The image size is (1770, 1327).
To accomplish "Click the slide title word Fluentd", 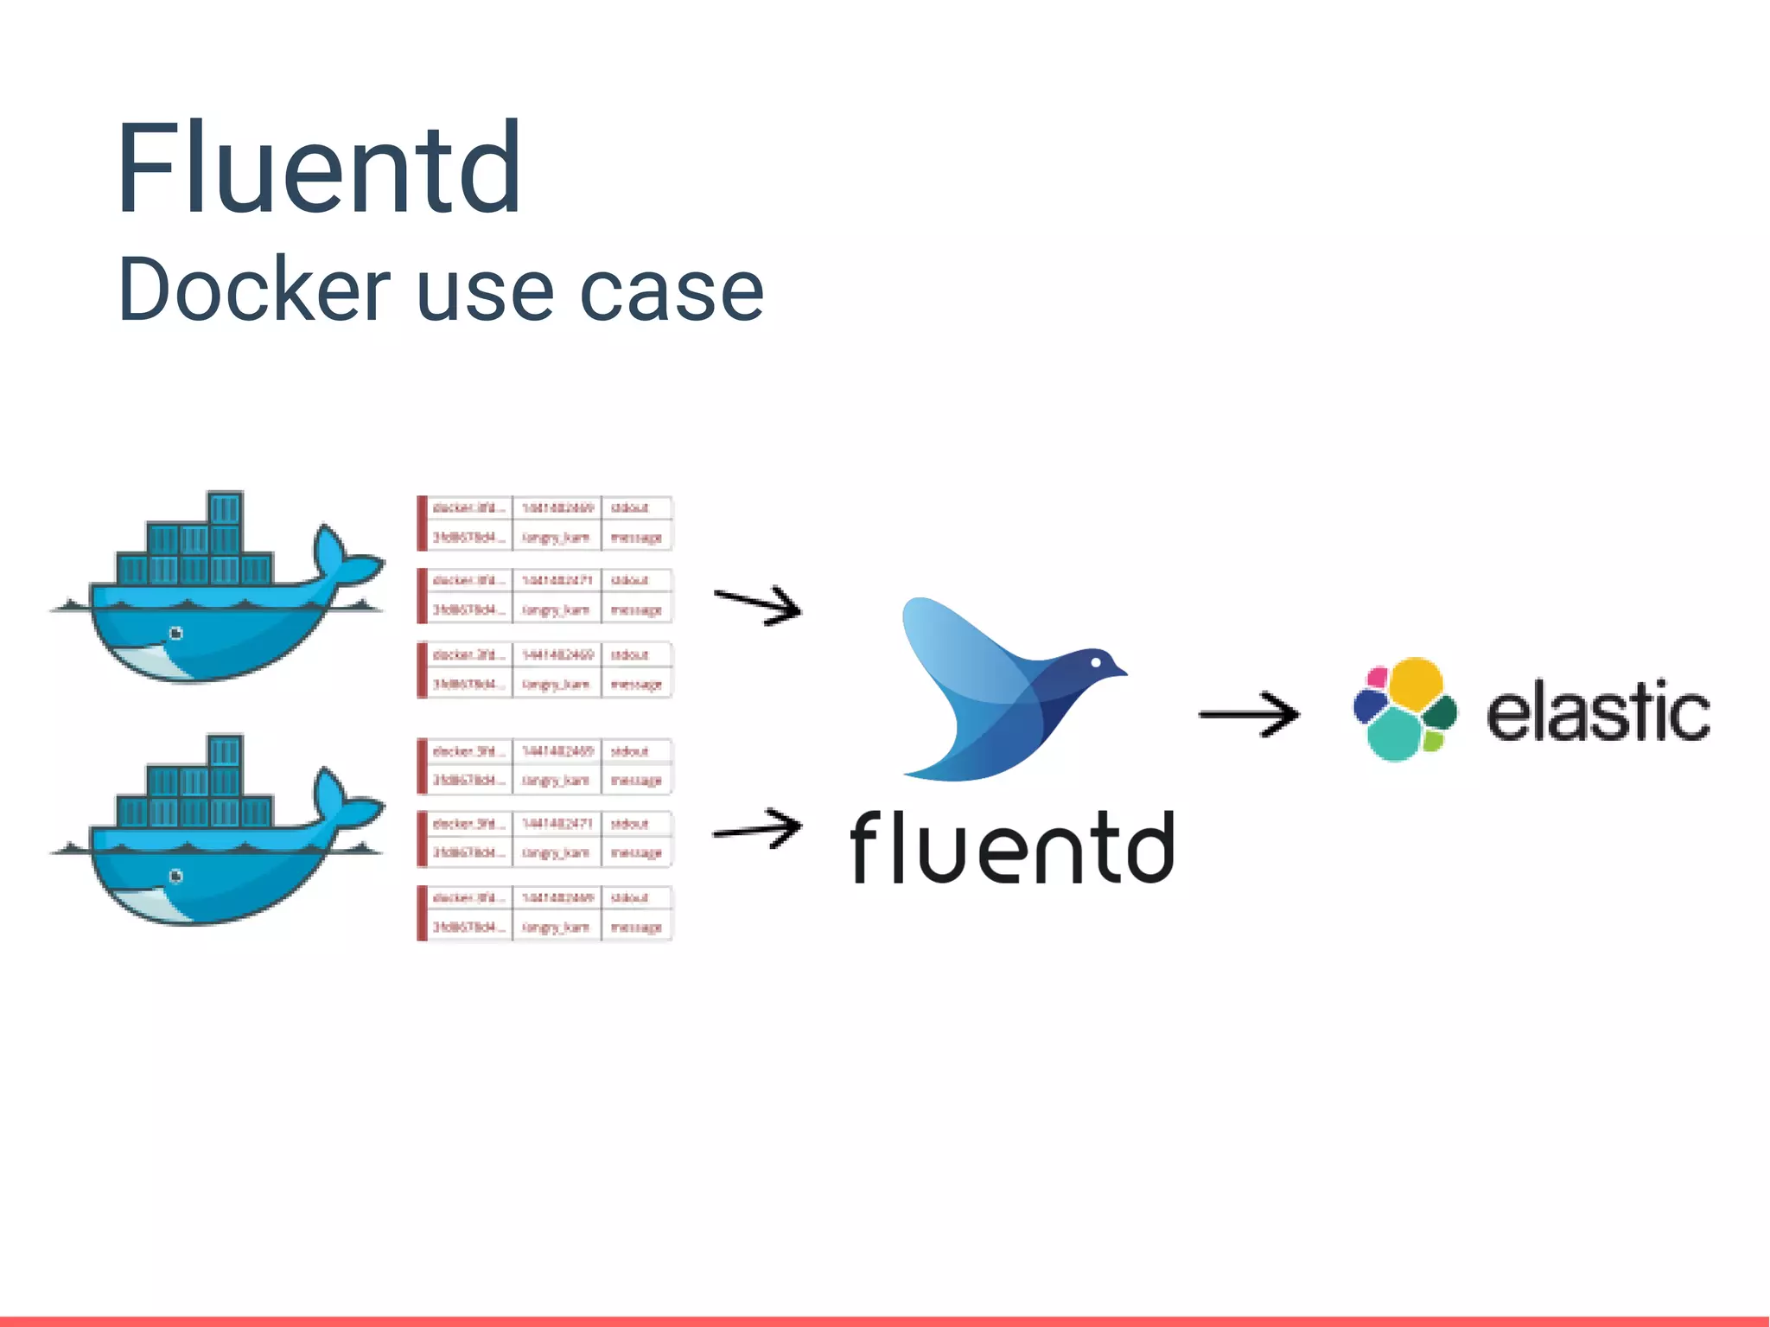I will pyautogui.click(x=319, y=169).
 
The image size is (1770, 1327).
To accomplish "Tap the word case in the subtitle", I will pyautogui.click(x=671, y=292).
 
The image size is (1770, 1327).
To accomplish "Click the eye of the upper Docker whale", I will pyautogui.click(x=176, y=634).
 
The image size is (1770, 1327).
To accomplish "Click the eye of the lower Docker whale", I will pyautogui.click(x=176, y=877).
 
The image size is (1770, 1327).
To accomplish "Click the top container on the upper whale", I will pyautogui.click(x=225, y=507).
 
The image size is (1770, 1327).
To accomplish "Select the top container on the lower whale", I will pyautogui.click(x=225, y=750).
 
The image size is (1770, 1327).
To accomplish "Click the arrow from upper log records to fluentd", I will pyautogui.click(x=758, y=604).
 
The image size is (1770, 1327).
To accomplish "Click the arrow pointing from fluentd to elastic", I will pyautogui.click(x=1249, y=714).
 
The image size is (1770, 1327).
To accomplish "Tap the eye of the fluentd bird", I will pyautogui.click(x=1096, y=662).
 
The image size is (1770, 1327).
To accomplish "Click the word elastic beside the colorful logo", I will pyautogui.click(x=1597, y=712).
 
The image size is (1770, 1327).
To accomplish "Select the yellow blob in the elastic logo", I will pyautogui.click(x=1415, y=684).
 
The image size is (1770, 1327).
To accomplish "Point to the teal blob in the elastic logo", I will pyautogui.click(x=1393, y=736).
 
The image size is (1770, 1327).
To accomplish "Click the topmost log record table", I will pyautogui.click(x=544, y=523).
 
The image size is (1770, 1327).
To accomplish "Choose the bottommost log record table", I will pyautogui.click(x=544, y=913).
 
